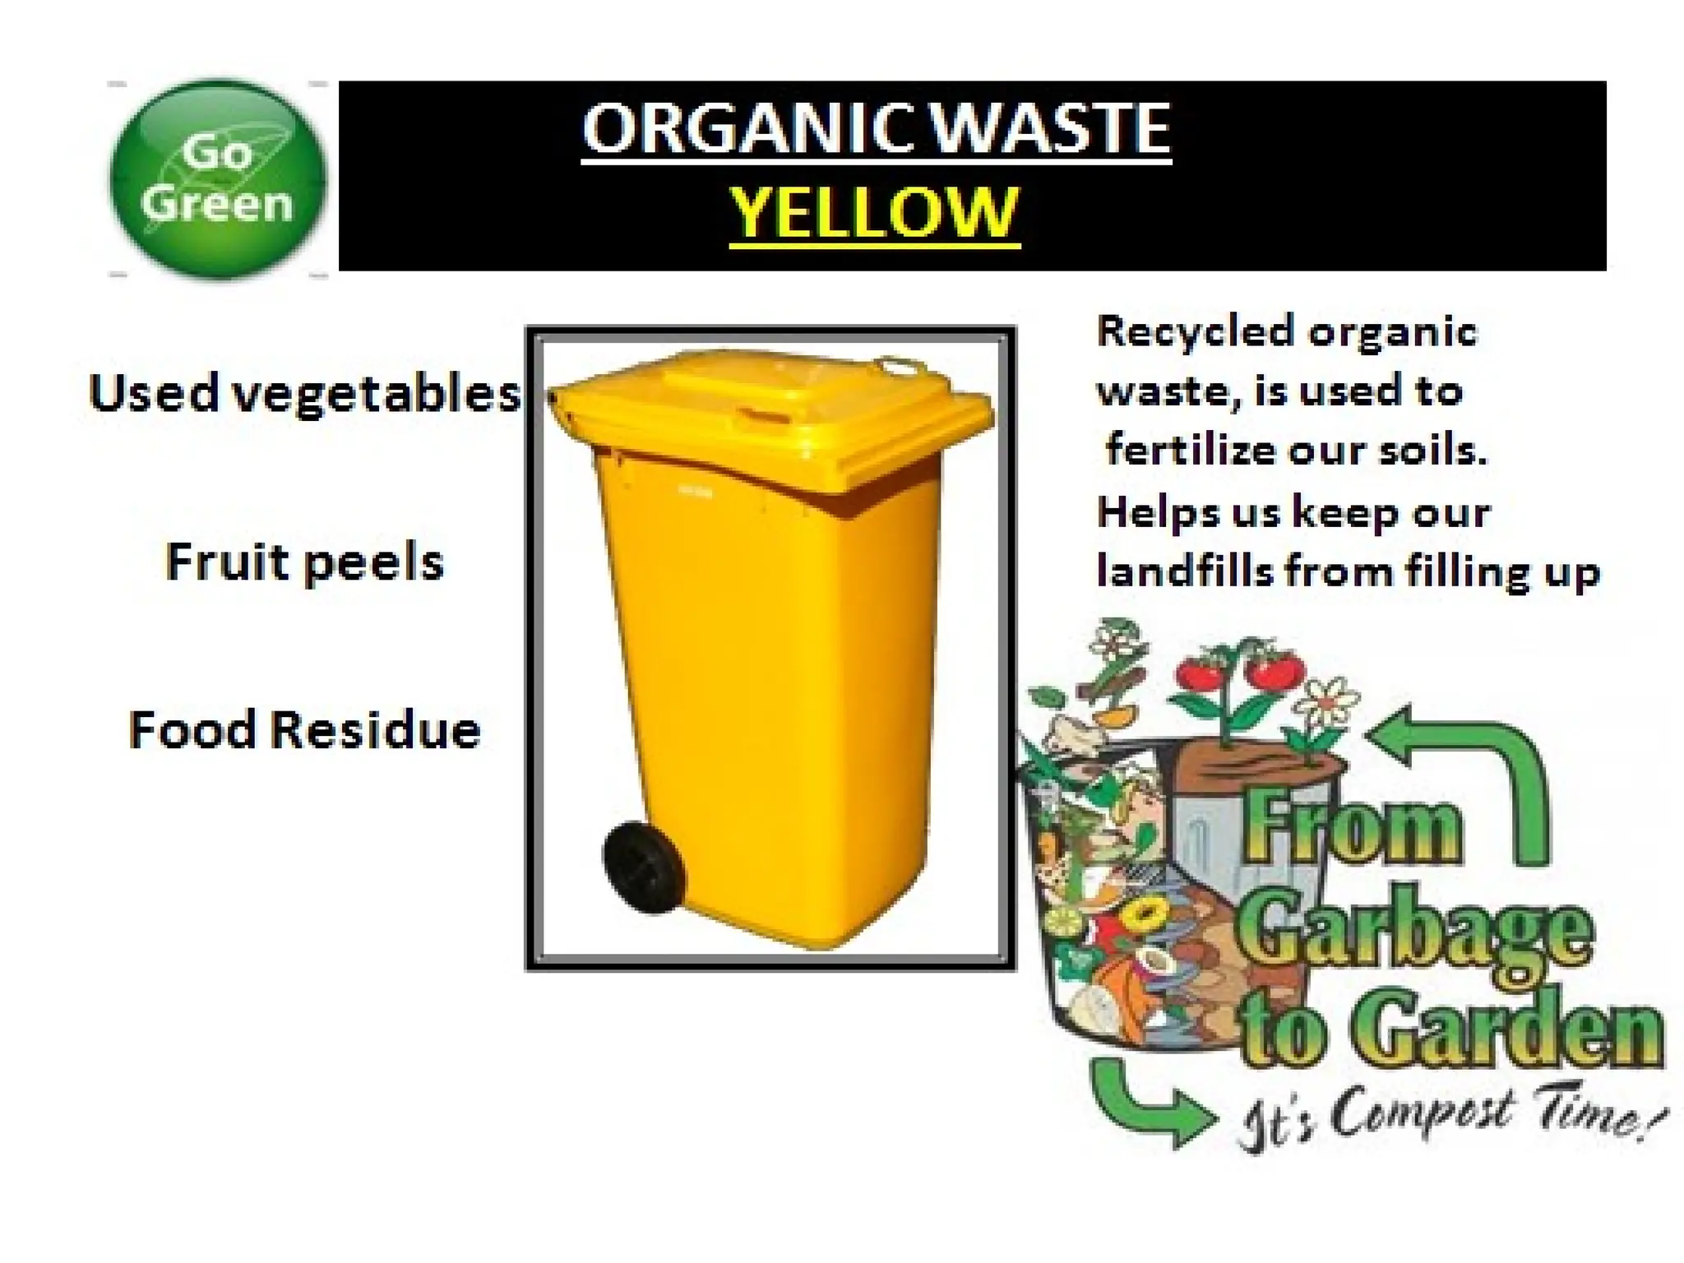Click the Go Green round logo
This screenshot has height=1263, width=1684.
(217, 178)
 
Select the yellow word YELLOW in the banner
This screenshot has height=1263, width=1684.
(874, 212)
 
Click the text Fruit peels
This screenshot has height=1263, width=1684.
(304, 562)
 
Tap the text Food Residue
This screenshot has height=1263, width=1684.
(304, 730)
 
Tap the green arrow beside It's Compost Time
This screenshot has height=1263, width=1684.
(1151, 1106)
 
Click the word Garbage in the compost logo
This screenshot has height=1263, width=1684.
(1414, 933)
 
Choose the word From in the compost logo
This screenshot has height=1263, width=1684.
(1353, 830)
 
